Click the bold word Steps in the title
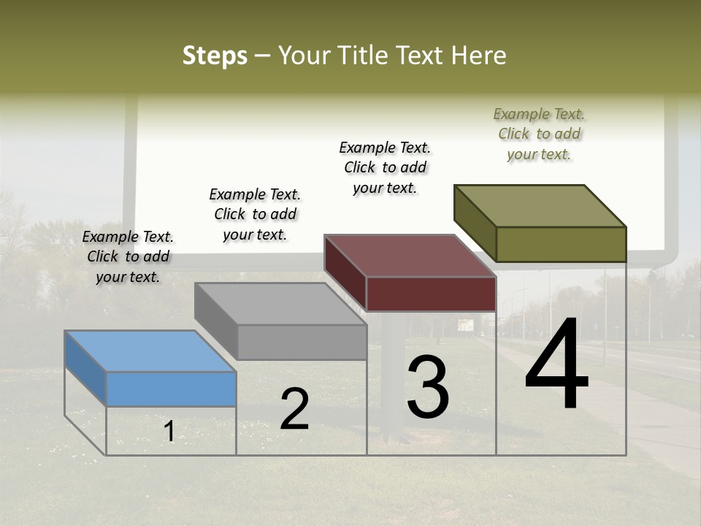215,56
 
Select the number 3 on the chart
427,386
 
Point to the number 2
294,409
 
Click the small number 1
169,432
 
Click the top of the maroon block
410,256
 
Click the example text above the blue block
128,256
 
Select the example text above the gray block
255,214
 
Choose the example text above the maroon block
385,167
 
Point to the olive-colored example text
539,134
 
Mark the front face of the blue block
171,389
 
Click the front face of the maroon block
431,294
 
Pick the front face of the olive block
561,244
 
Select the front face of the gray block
301,342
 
